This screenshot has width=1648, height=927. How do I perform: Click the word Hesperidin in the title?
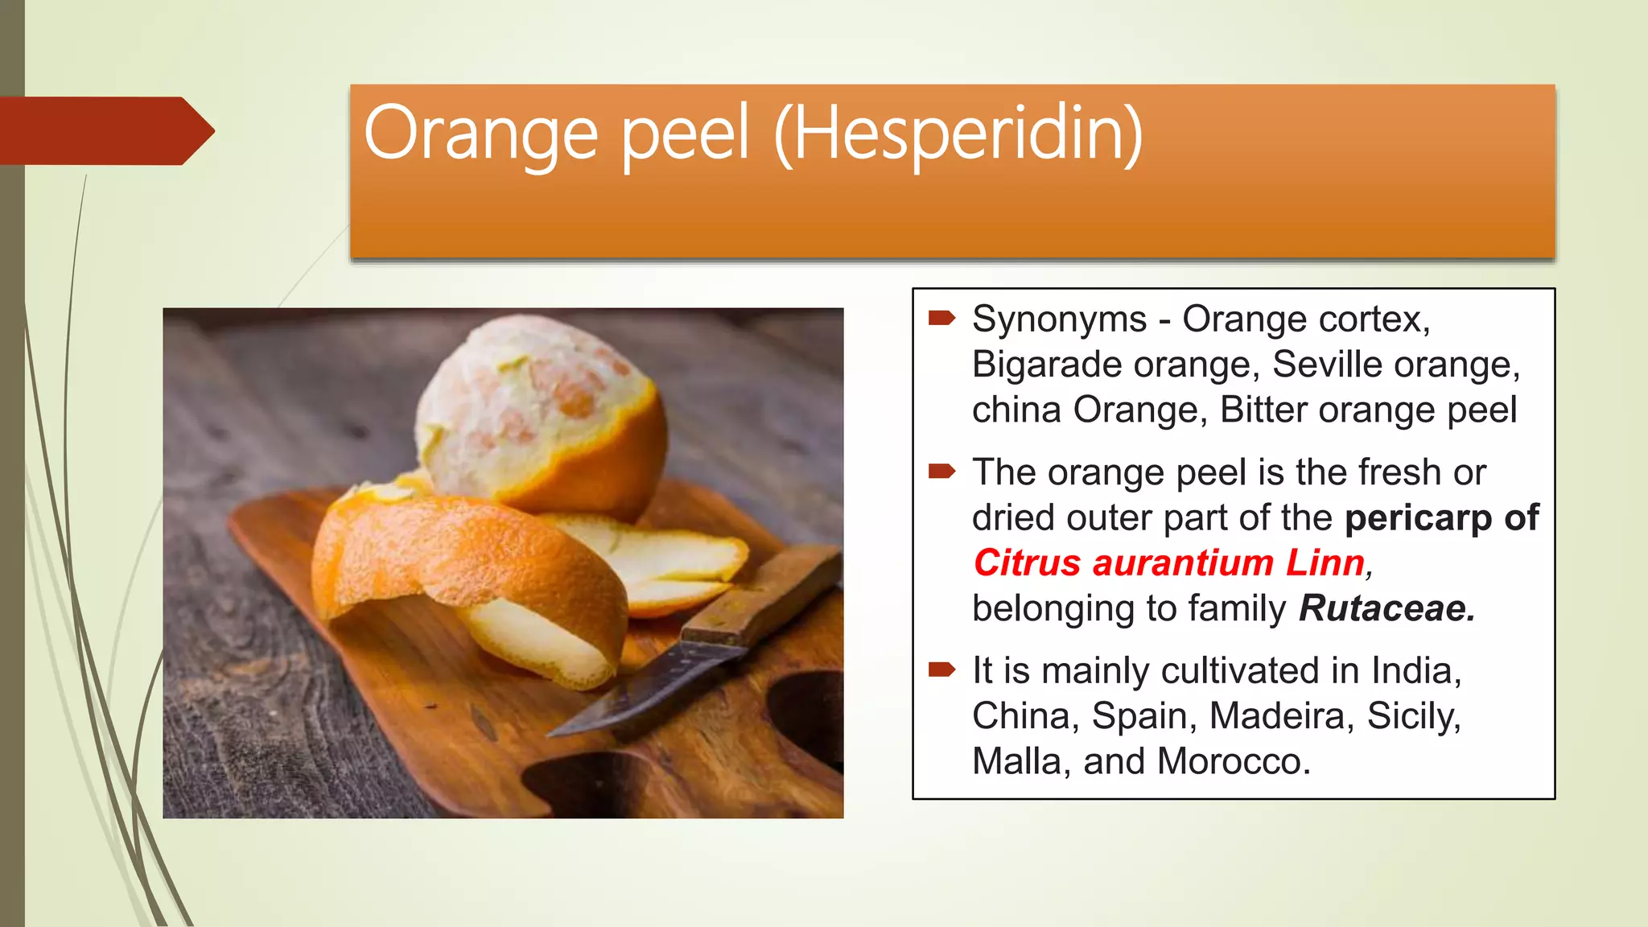(958, 134)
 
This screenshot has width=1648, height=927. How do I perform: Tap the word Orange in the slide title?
(480, 134)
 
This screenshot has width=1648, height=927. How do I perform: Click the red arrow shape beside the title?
(105, 130)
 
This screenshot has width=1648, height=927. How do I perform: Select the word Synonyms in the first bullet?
(1059, 319)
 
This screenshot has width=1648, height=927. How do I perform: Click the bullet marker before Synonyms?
(941, 318)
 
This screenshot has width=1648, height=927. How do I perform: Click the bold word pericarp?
(1418, 517)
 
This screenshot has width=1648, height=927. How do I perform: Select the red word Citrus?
(1027, 562)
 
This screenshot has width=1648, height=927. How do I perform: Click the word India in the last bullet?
(1416, 671)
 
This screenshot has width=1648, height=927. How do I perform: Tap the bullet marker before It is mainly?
(941, 669)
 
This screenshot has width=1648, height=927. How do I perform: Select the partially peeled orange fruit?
(539, 410)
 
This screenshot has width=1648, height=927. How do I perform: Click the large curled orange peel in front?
(467, 563)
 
